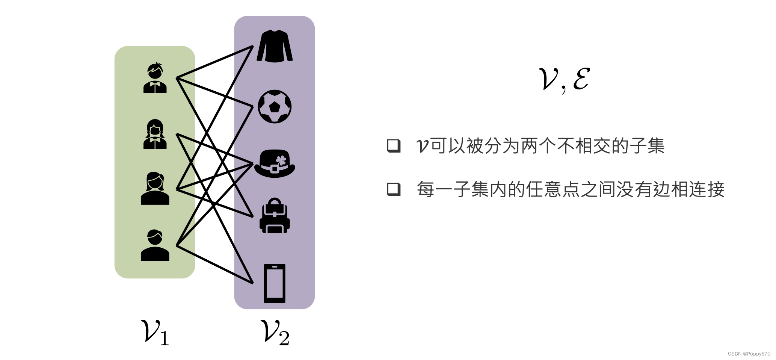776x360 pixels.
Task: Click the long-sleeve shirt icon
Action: click(275, 46)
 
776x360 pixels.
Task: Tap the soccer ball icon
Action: click(275, 106)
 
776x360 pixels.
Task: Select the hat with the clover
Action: click(275, 164)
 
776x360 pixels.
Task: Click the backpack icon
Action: click(275, 216)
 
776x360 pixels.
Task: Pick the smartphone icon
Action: click(275, 283)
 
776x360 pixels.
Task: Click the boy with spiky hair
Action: click(155, 78)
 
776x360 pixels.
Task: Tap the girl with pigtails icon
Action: click(155, 134)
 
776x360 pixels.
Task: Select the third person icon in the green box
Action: click(155, 189)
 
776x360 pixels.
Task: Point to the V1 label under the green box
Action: click(154, 332)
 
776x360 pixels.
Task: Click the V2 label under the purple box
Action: click(275, 332)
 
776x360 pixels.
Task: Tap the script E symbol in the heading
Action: click(581, 79)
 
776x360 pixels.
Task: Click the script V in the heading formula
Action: click(548, 79)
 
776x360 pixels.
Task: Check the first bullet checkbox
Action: click(394, 145)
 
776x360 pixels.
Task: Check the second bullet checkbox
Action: click(394, 189)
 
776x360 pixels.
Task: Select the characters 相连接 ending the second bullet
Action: click(697, 189)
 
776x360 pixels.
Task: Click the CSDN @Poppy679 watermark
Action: click(749, 354)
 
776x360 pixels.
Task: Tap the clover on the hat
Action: click(281, 160)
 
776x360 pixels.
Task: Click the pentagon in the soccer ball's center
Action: click(275, 107)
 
